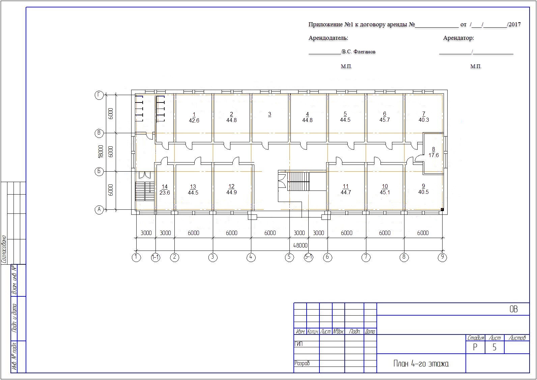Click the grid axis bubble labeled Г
click(x=99, y=95)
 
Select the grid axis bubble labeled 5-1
click(x=308, y=257)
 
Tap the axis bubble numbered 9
click(x=442, y=257)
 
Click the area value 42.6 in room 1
click(x=194, y=120)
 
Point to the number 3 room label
click(x=270, y=114)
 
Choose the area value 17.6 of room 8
click(x=434, y=155)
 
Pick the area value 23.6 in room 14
click(x=165, y=193)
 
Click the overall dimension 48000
click(x=300, y=245)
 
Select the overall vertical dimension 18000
click(x=101, y=151)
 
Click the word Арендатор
click(x=458, y=38)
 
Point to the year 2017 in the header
click(x=514, y=24)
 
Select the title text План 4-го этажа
click(x=421, y=364)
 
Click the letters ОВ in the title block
click(x=513, y=309)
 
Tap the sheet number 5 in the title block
click(x=494, y=347)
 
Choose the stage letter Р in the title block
click(x=475, y=347)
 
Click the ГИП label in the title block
click(x=299, y=344)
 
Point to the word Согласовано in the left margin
click(x=4, y=250)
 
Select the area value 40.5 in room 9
click(x=423, y=192)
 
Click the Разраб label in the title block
click(x=302, y=363)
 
